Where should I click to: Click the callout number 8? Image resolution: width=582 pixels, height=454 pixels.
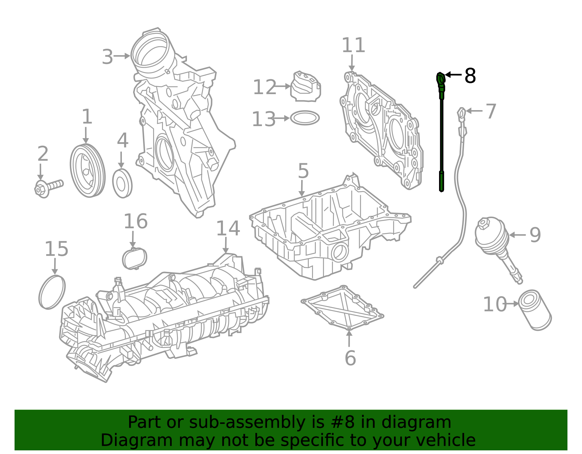(470, 76)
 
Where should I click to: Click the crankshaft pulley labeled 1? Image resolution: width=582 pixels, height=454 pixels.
(88, 171)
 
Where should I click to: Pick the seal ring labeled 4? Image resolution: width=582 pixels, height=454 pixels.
(122, 183)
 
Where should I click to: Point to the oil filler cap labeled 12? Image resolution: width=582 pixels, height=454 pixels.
(306, 86)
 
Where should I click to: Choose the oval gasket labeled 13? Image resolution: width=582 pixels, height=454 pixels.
(305, 118)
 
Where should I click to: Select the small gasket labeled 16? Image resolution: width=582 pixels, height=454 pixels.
(135, 258)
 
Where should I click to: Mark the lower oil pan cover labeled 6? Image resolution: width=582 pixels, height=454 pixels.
(342, 308)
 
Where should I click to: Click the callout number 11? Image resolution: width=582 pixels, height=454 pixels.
(354, 45)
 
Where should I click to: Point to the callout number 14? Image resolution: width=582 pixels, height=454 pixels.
(228, 228)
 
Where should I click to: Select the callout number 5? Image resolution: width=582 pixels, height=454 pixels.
(303, 171)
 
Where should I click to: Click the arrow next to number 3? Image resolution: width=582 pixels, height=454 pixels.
(122, 56)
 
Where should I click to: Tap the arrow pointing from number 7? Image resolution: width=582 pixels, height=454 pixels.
(474, 111)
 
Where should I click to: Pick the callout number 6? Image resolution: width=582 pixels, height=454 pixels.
(350, 358)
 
